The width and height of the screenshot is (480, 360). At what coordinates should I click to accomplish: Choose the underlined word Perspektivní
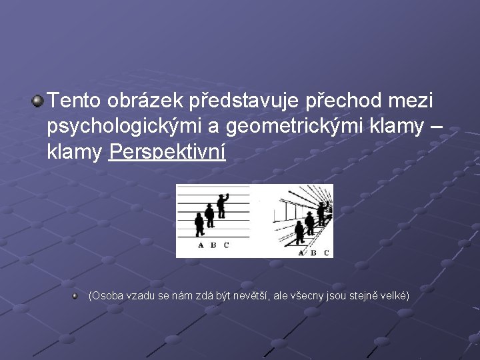point(167,153)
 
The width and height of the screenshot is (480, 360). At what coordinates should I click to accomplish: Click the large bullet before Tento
point(38,101)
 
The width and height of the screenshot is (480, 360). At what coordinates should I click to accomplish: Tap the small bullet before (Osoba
point(77,294)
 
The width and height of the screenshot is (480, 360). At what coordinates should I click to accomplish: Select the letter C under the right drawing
point(326,252)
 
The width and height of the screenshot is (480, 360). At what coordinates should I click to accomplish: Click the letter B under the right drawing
point(313,252)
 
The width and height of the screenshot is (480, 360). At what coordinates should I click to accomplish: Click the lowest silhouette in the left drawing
point(199,225)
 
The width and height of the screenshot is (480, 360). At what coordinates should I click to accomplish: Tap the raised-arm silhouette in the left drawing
point(222,205)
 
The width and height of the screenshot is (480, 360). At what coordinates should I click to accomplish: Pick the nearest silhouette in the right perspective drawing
point(299,232)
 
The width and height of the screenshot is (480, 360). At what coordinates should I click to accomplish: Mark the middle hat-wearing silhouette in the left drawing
point(210,215)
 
